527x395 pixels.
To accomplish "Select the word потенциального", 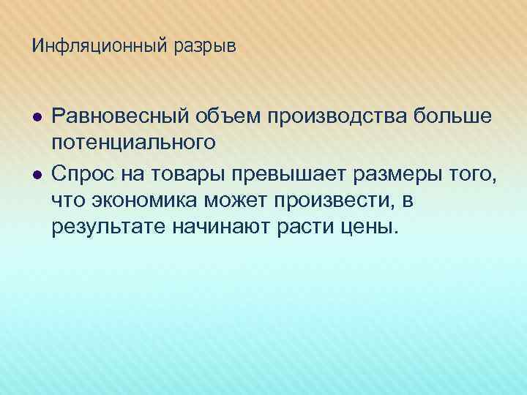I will pos(134,143).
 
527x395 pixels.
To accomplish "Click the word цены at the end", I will pos(370,227).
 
